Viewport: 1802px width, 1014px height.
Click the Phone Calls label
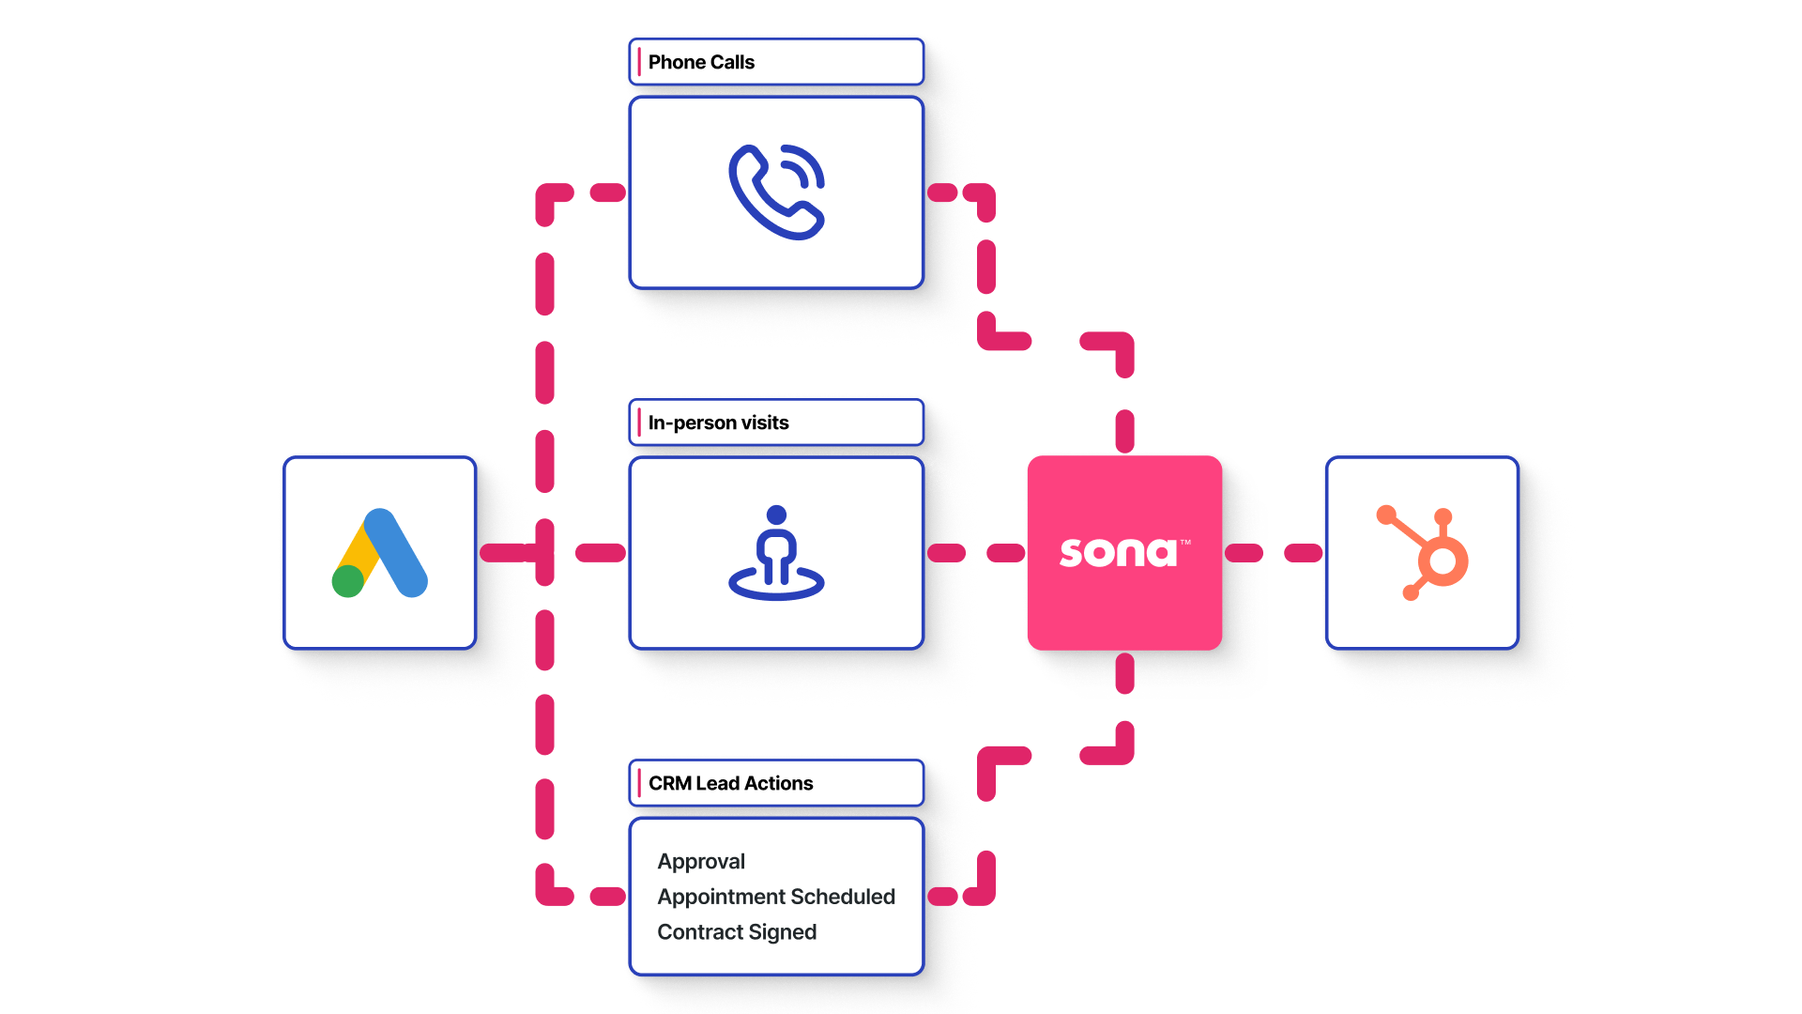[701, 62]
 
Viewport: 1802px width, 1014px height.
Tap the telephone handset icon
[776, 192]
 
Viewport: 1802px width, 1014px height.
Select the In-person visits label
[718, 422]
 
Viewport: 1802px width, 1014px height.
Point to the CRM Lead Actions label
[730, 783]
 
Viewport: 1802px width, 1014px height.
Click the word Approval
[701, 861]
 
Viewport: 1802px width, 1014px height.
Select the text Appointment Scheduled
[776, 897]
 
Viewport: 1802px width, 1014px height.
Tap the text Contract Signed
[737, 931]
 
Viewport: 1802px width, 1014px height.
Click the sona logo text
[1119, 552]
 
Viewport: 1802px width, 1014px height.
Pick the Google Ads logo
[380, 553]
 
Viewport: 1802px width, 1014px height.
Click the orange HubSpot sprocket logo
[1422, 553]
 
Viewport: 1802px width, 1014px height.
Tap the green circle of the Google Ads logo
[348, 581]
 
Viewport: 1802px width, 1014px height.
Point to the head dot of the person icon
[776, 515]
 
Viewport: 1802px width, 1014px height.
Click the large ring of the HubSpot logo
[1443, 561]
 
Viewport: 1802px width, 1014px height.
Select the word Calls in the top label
[733, 62]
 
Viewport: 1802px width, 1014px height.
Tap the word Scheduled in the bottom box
[843, 897]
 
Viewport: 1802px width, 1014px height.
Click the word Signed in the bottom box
[783, 931]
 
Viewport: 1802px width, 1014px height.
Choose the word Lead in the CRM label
[718, 783]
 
